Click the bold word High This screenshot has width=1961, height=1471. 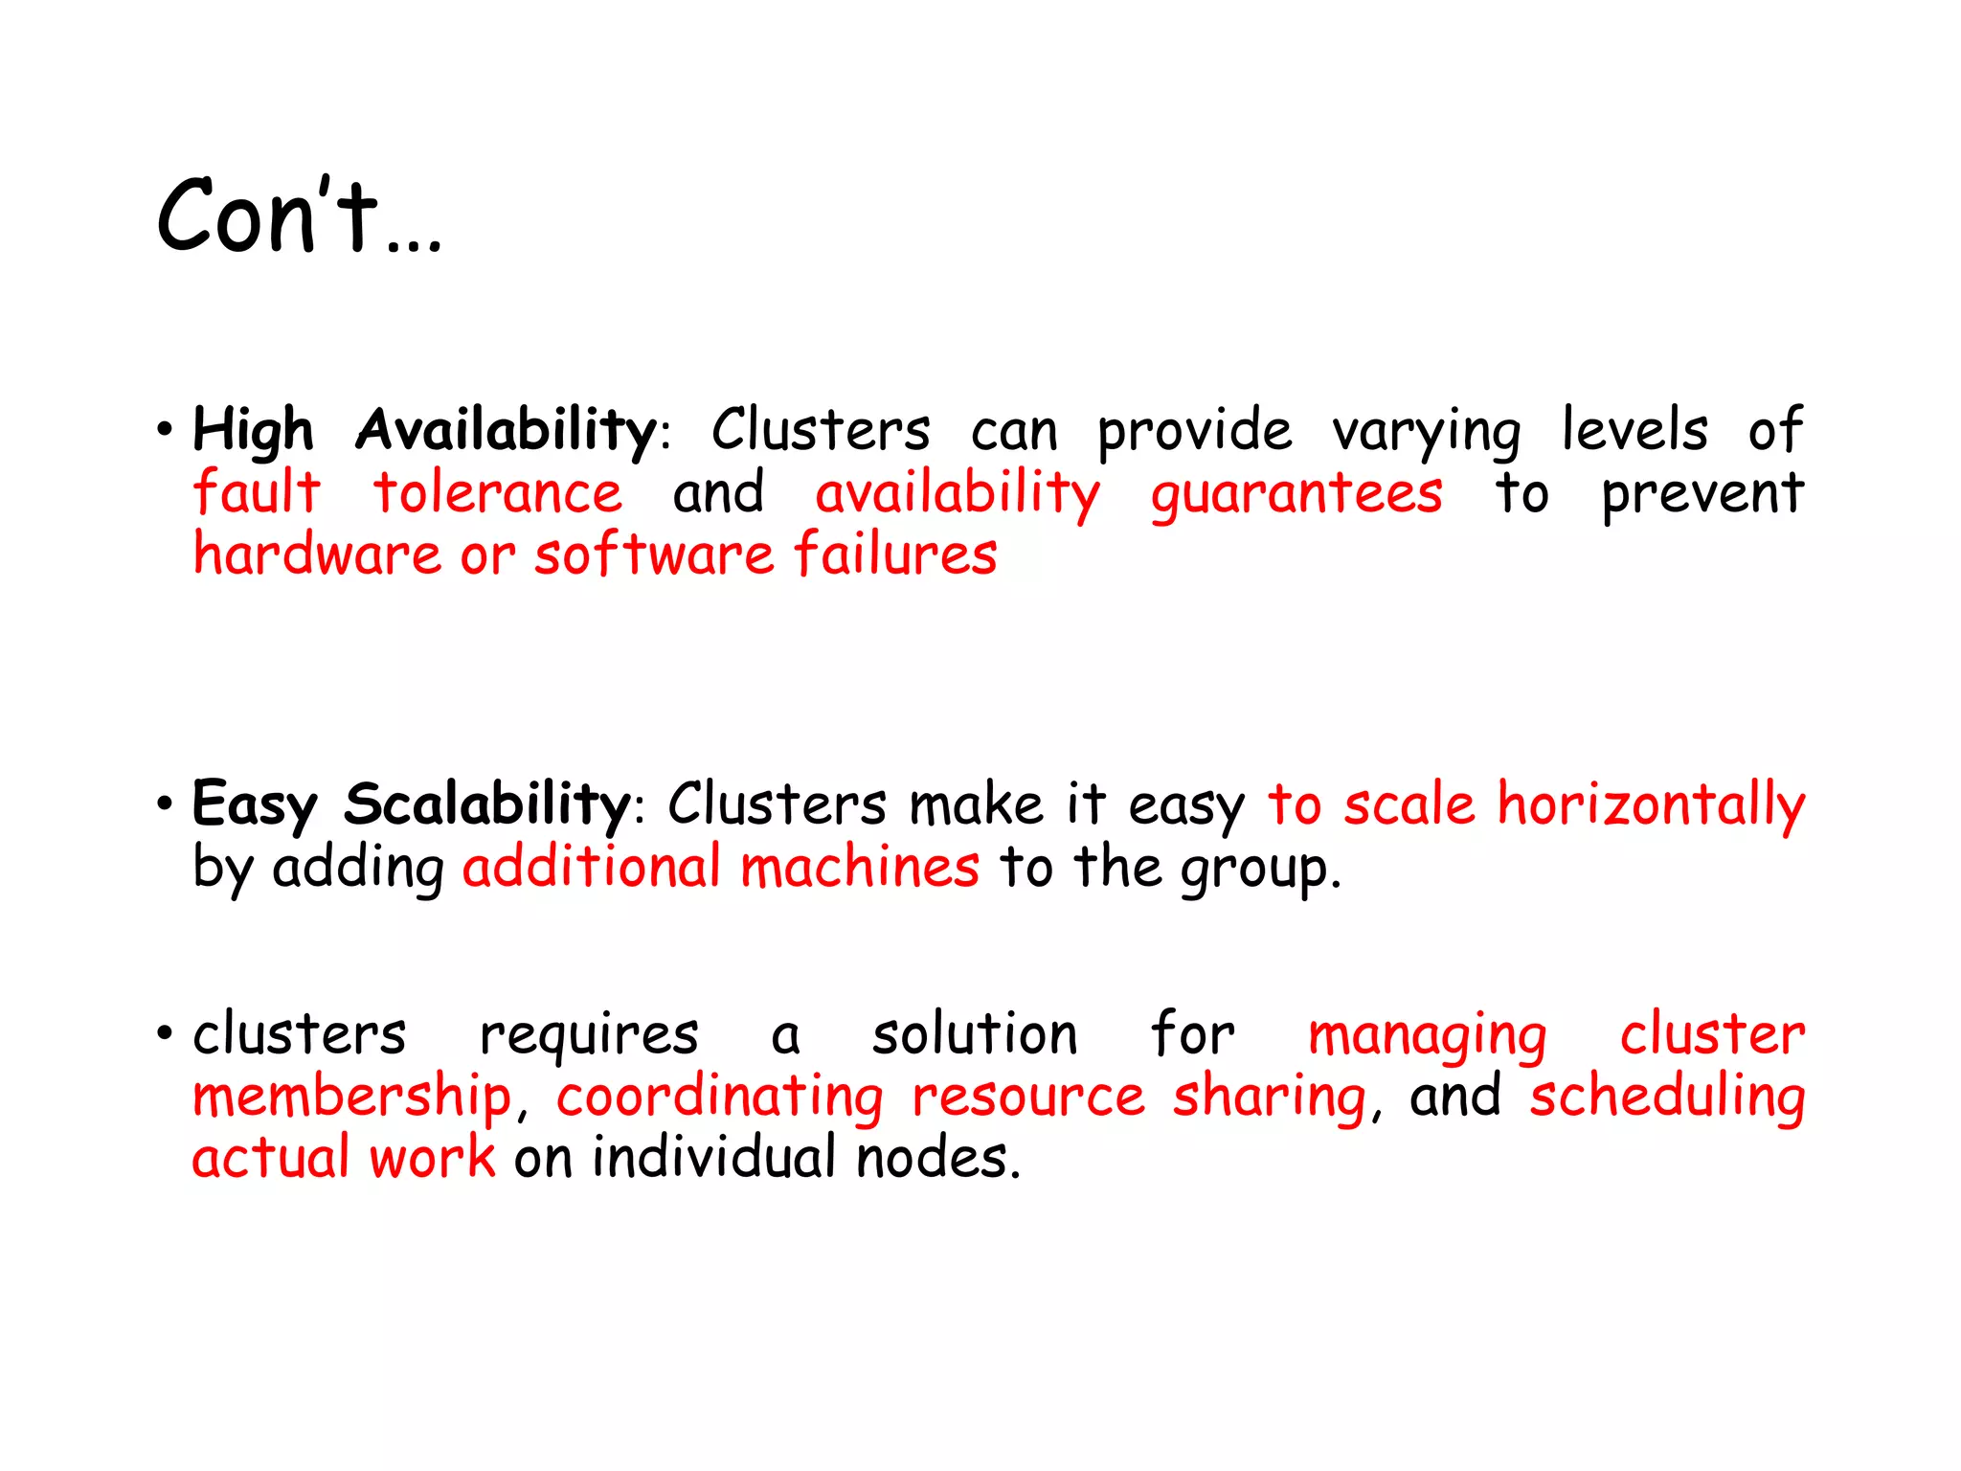point(253,430)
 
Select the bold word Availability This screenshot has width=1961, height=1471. point(506,430)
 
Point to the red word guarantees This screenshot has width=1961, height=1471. point(1296,494)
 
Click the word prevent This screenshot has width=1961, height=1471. point(1702,494)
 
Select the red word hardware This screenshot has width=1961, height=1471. point(317,554)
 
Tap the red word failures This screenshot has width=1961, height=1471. point(895,554)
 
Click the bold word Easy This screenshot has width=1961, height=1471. point(254,804)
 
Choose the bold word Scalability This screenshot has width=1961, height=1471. point(486,804)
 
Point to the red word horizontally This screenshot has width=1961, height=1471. point(1651,804)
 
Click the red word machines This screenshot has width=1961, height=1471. point(860,867)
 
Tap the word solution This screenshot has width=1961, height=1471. point(975,1034)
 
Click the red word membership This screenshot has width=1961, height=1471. point(352,1097)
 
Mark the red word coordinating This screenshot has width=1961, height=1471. point(720,1098)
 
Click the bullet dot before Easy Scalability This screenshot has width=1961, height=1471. point(165,803)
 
